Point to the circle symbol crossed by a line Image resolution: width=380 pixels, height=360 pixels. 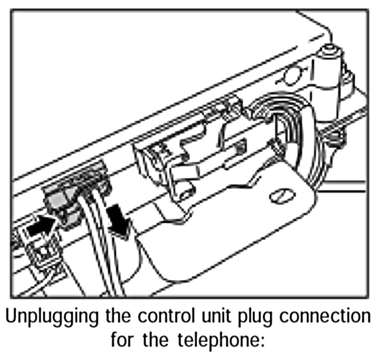tap(292, 75)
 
